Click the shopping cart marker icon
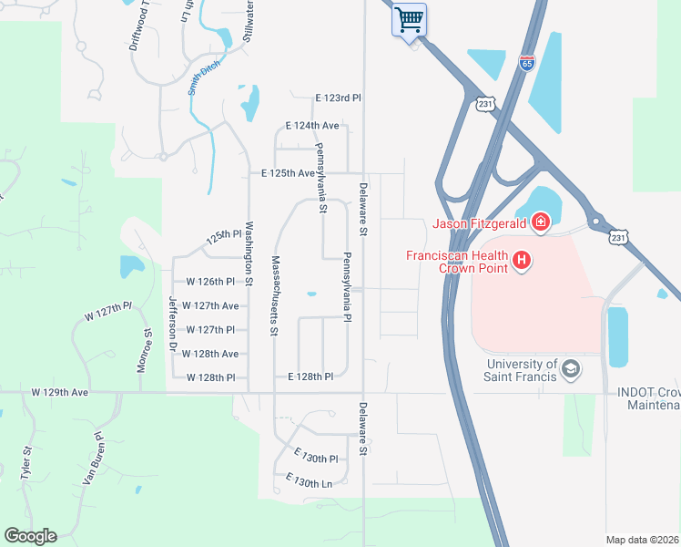[410, 19]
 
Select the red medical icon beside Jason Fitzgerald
[540, 221]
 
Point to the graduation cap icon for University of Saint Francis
[571, 369]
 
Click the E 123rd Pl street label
[339, 98]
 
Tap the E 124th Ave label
[312, 125]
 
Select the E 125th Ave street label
[288, 172]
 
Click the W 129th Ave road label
[59, 392]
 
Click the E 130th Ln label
[309, 480]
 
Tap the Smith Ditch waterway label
[205, 81]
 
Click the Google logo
[30, 536]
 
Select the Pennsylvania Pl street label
[347, 286]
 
